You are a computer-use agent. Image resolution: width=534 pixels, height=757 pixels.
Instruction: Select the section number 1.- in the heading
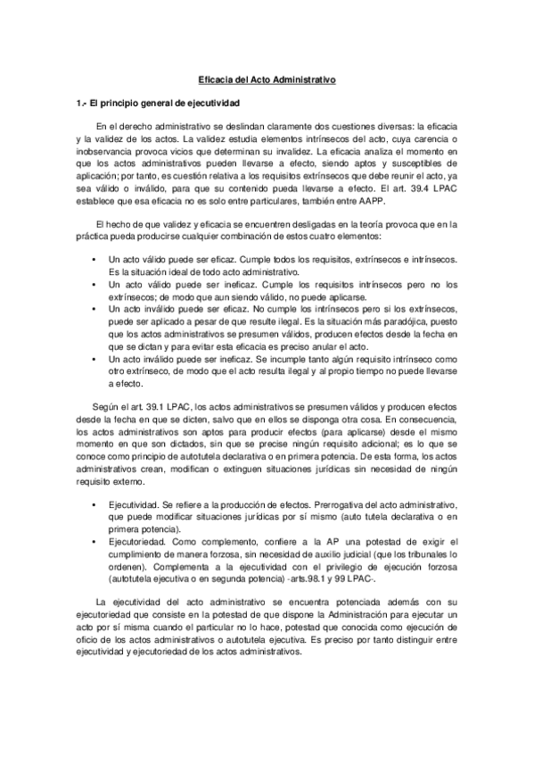point(82,104)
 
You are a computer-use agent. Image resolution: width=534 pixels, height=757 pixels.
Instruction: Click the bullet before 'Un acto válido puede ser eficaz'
point(94,260)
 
